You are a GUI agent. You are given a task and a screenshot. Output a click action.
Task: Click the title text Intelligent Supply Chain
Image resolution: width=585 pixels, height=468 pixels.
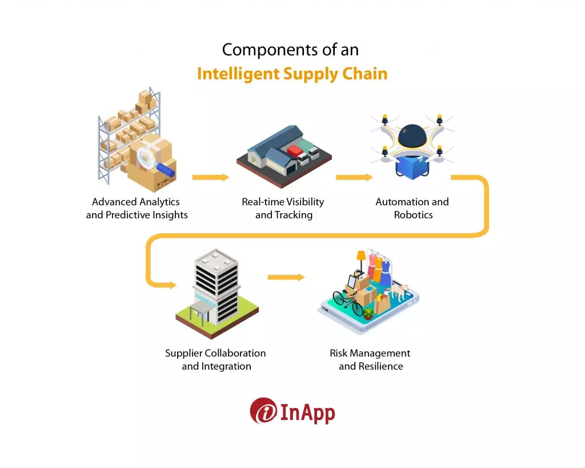292,74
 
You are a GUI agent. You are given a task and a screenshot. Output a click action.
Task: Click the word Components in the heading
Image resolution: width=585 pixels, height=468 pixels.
258,50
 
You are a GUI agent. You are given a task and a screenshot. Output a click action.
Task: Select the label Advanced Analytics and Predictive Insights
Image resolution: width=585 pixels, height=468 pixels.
137,209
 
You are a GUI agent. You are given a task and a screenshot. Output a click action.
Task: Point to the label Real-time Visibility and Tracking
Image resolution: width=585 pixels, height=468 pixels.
283,209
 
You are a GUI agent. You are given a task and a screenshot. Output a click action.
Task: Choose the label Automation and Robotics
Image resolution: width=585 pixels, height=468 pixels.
412,209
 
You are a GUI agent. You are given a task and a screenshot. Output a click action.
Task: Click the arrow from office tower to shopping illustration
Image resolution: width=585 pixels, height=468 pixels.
286,277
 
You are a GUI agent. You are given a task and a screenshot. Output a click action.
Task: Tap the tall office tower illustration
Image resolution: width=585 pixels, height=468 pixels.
216,286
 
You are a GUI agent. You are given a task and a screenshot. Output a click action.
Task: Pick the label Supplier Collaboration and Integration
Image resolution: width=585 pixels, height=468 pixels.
216,359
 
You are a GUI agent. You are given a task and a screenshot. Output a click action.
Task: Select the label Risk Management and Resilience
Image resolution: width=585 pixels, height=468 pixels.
370,359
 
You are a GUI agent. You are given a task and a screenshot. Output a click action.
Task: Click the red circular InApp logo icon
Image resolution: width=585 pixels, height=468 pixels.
263,411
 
